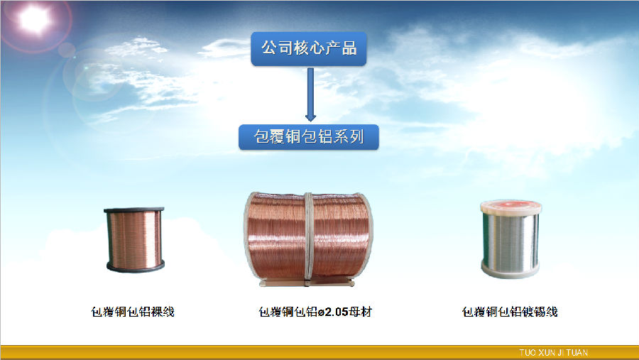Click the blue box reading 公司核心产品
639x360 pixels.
pos(309,49)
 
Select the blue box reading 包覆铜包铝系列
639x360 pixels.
pos(309,136)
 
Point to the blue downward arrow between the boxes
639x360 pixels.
pos(310,94)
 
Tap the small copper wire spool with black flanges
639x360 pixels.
pos(135,239)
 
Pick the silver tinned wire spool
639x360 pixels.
pos(510,239)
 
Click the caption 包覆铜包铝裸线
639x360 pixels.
pos(133,312)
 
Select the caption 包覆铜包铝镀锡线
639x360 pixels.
pos(510,312)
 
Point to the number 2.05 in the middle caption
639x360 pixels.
pos(337,312)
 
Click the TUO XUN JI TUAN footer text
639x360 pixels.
pos(553,353)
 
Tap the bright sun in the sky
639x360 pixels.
pos(35,19)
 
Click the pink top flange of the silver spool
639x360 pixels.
pos(511,207)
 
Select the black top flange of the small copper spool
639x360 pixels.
pos(134,210)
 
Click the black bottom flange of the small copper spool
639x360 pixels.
pos(136,267)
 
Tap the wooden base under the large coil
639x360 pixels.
pos(307,282)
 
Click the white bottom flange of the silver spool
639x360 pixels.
pos(510,271)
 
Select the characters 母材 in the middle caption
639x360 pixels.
pos(361,312)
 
